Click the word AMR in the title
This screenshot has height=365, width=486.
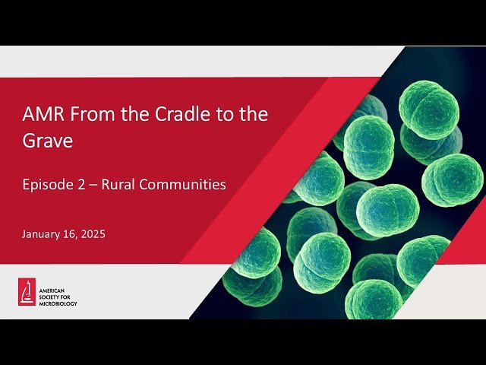[x=39, y=115]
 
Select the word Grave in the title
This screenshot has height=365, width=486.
[x=47, y=141]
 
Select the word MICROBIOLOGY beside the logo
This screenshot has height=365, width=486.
[x=59, y=303]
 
